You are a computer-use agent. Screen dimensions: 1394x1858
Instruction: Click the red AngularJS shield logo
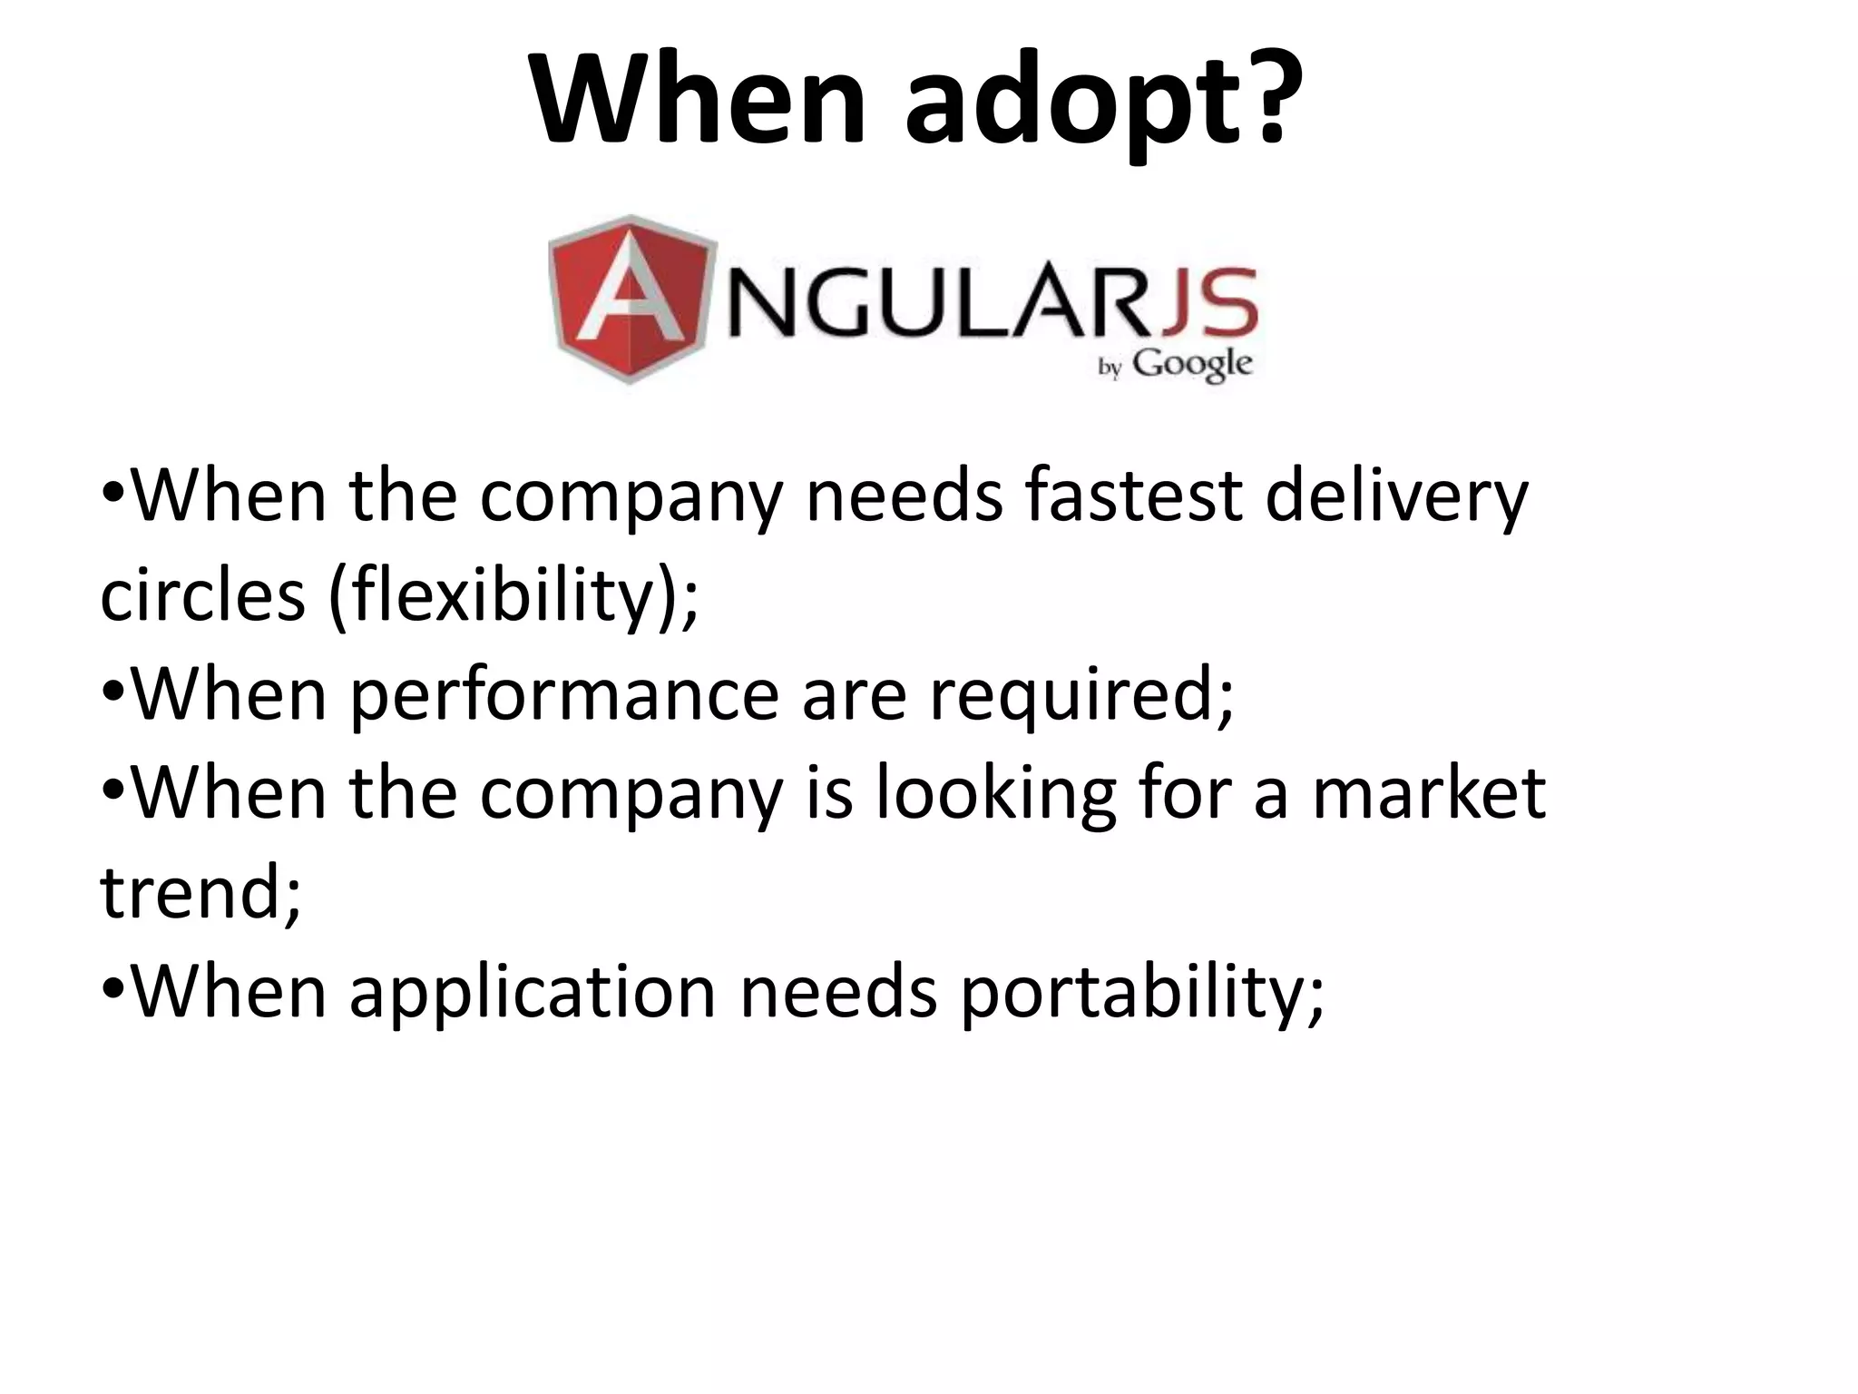tap(631, 299)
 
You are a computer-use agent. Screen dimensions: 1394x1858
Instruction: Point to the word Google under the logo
tap(1193, 365)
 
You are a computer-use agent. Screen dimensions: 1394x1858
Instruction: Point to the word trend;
tap(200, 893)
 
